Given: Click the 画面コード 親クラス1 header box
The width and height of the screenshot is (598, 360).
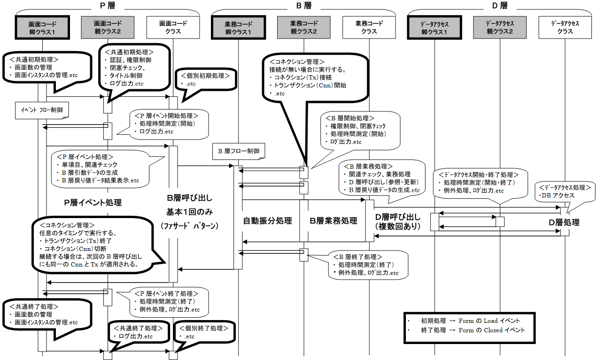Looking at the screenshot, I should click(42, 27).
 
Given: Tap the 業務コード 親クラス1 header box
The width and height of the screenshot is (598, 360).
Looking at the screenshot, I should click(238, 27).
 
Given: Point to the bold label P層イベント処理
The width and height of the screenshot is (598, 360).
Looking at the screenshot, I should click(93, 203).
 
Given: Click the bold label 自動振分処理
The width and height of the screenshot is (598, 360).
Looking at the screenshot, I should click(268, 220).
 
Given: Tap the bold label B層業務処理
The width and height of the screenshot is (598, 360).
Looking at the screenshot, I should click(334, 220).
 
